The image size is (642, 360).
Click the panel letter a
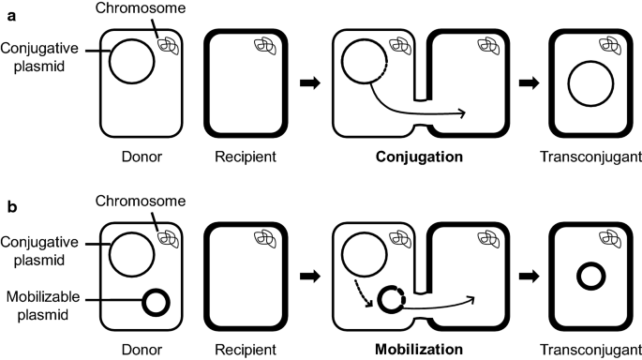(x=7, y=8)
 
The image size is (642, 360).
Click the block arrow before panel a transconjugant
(x=531, y=82)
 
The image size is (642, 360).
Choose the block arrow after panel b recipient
(x=306, y=276)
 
